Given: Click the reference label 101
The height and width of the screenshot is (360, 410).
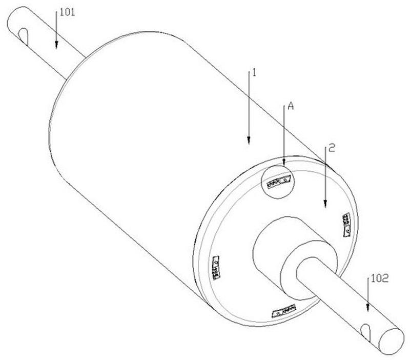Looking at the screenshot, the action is pos(68,12).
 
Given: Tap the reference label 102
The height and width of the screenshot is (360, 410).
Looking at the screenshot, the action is pos(380,278).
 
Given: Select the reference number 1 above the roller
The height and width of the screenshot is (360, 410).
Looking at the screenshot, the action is pos(254,73).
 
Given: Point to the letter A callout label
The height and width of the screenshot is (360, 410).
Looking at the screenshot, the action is pos(291,106).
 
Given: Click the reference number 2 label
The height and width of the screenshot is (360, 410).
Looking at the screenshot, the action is pos(331,148).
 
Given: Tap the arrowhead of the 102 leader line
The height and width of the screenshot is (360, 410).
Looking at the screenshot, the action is pos(367,308).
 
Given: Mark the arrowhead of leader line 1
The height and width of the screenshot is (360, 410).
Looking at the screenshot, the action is pos(249,141).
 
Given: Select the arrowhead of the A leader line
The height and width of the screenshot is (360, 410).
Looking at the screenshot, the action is pos(284,162).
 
